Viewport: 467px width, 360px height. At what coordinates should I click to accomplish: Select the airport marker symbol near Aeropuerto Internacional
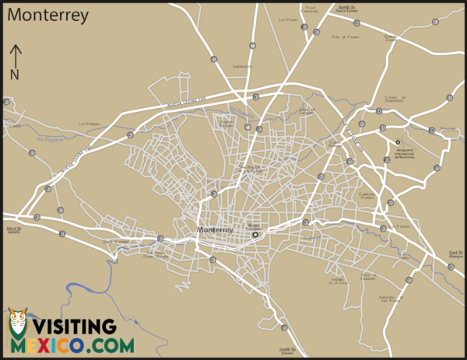tap(398, 142)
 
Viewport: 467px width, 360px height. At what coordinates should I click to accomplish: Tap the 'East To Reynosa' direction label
tap(456, 253)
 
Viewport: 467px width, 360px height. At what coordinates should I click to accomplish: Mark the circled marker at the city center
tap(254, 235)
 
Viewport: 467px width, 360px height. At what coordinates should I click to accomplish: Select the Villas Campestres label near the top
tap(310, 9)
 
